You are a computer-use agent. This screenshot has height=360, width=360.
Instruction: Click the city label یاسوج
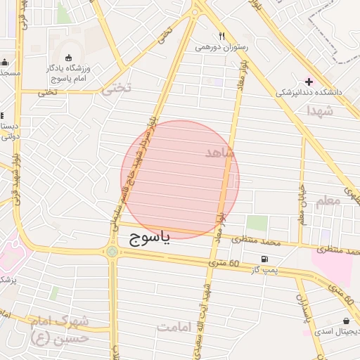(150, 239)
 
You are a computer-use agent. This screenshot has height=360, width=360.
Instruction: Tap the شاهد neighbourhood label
(219, 153)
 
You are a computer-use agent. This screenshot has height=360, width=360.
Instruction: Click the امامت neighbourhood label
(175, 327)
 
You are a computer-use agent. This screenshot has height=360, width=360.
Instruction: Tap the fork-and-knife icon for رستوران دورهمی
(221, 36)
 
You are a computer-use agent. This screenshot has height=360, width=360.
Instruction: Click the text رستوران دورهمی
(221, 47)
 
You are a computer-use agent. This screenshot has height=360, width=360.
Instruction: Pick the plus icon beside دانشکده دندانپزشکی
(309, 82)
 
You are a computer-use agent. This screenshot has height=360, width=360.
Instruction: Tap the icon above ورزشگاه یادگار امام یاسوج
(68, 58)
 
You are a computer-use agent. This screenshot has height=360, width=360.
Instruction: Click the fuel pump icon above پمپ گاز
(264, 259)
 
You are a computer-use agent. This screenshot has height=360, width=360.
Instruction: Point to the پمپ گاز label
(266, 270)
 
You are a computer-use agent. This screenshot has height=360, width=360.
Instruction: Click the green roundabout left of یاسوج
(112, 251)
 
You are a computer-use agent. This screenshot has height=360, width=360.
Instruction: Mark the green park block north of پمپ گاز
(257, 223)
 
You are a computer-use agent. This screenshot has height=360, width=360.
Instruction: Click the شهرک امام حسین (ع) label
(61, 329)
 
